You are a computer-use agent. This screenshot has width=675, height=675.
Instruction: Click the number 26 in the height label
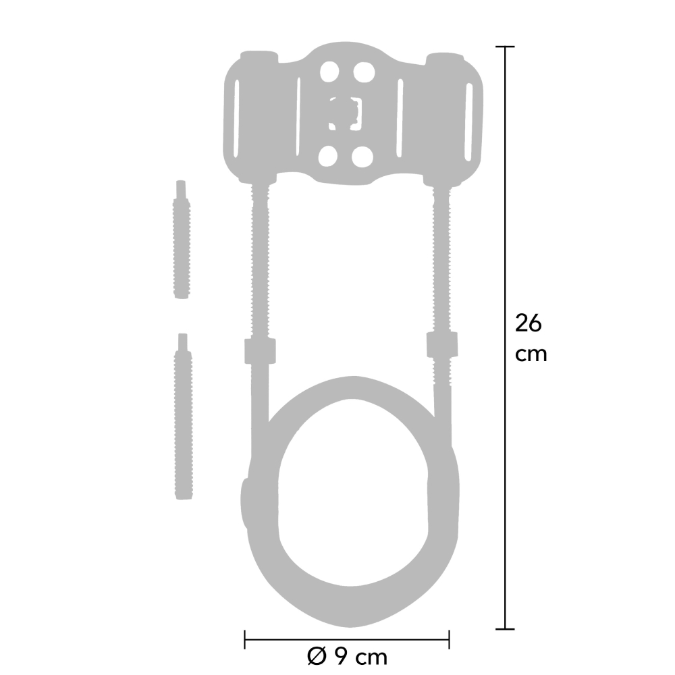(529, 323)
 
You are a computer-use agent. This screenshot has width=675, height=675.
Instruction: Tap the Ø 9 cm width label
(348, 657)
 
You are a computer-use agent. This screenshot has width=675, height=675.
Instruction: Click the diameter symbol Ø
(317, 657)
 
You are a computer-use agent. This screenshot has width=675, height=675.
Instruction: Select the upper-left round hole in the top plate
(329, 72)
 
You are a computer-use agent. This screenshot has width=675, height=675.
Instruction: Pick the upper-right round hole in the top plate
(364, 72)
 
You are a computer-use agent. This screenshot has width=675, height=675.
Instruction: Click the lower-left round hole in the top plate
(327, 156)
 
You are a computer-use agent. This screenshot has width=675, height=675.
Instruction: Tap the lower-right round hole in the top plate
(362, 157)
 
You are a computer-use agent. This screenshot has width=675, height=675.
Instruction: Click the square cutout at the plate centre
(345, 113)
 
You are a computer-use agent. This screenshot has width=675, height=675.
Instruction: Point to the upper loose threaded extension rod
(182, 240)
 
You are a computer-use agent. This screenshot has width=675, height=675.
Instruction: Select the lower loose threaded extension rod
(184, 416)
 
